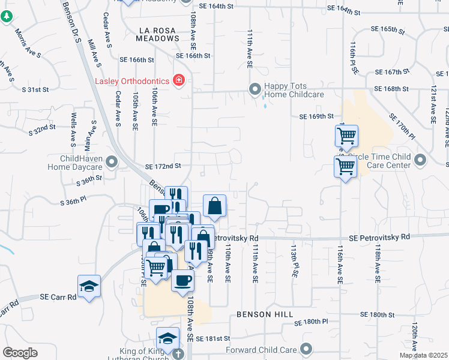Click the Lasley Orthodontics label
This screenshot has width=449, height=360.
[132, 80]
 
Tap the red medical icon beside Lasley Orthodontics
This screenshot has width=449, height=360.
[178, 80]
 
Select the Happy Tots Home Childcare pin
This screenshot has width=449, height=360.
[256, 90]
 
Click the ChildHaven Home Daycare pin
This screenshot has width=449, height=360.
[111, 161]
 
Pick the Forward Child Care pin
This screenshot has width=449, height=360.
[307, 349]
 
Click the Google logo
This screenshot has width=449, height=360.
[20, 353]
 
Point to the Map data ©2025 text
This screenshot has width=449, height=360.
[423, 355]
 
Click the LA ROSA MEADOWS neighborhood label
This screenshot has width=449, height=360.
[159, 34]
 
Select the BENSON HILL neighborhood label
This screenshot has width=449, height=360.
[264, 314]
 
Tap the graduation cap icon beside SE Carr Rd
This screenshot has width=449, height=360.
[89, 286]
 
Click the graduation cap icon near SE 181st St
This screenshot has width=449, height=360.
[167, 337]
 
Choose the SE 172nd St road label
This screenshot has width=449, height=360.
[163, 166]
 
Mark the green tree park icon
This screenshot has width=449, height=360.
[6, 17]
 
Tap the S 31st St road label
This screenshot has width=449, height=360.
[34, 89]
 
